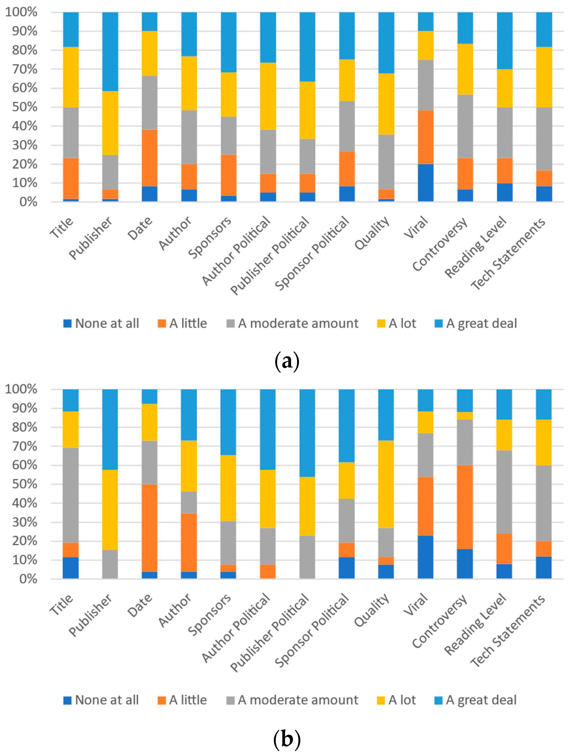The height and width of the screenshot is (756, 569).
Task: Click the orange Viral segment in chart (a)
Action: point(426,137)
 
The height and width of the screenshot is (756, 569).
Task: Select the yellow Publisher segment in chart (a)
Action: point(110,123)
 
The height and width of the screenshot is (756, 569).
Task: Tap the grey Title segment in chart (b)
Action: point(71,495)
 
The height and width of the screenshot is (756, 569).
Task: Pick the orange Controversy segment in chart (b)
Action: point(465,507)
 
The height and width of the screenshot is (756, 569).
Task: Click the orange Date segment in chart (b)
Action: point(149,528)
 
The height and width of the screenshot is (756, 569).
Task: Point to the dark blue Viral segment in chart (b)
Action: point(426,557)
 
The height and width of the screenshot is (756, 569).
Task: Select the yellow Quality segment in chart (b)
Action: point(386,484)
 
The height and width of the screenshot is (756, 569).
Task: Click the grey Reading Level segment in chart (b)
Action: point(504,492)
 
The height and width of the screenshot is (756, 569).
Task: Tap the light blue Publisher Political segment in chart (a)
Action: point(307,47)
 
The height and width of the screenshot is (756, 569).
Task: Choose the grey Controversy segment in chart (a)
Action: point(465,126)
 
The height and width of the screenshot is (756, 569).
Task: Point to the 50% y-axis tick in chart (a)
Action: point(25,107)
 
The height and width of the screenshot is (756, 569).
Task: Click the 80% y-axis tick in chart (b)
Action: point(25,427)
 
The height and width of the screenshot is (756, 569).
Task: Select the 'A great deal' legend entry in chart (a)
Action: point(476,323)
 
